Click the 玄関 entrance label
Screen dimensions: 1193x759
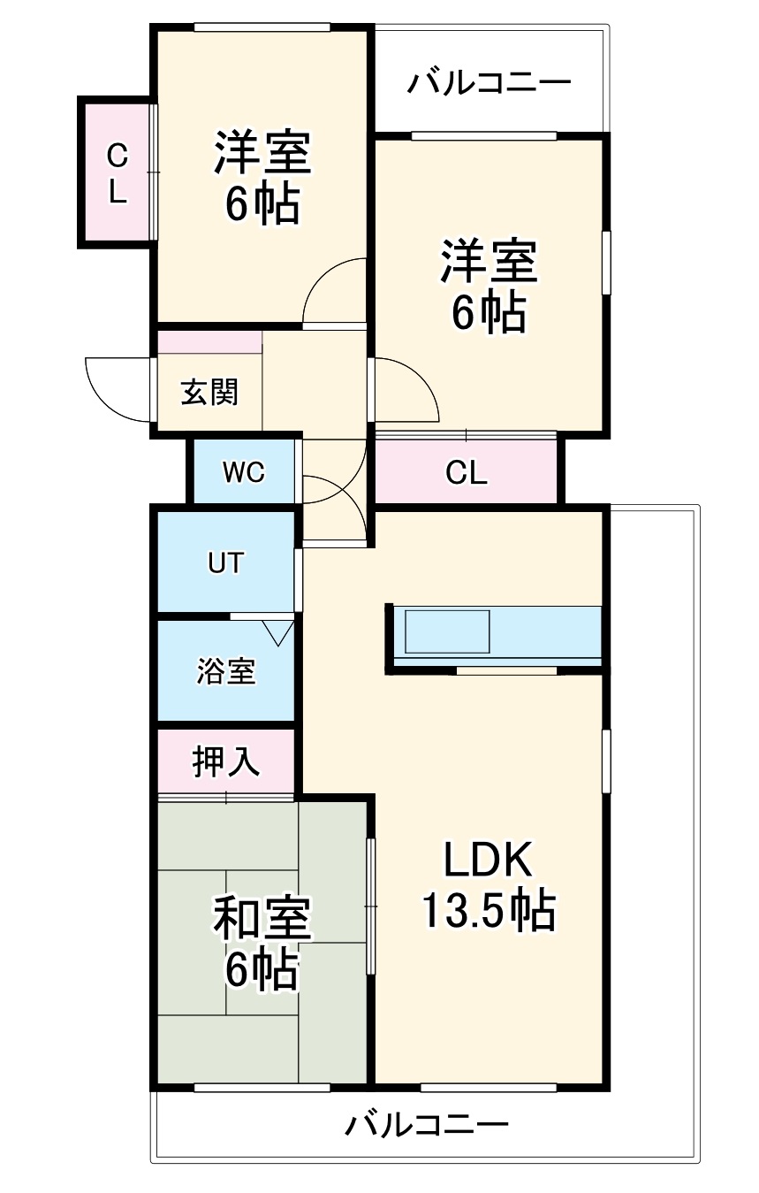coord(209,392)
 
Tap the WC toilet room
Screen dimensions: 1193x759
coord(243,472)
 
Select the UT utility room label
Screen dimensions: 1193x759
coord(224,562)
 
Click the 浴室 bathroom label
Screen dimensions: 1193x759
coord(225,672)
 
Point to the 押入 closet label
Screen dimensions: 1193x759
coord(226,761)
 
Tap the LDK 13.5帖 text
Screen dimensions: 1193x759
coord(488,885)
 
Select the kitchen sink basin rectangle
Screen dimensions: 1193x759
coord(446,631)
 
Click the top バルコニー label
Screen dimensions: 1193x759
coord(489,84)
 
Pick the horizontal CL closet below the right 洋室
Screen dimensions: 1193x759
coord(466,473)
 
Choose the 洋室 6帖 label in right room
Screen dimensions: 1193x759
coord(489,285)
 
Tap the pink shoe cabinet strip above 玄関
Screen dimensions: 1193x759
coord(209,341)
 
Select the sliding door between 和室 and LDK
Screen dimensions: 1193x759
coord(370,906)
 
